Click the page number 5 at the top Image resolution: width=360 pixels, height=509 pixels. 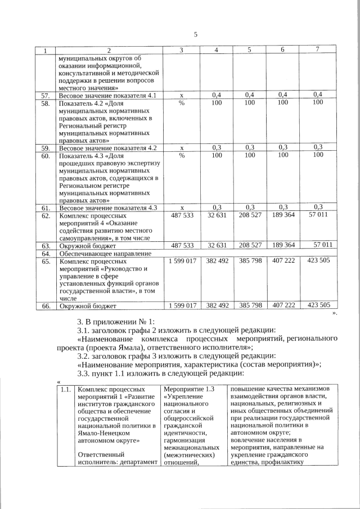(x=196, y=34)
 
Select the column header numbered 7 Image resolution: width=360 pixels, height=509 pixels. (x=317, y=51)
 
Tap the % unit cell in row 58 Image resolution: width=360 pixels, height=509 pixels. (x=182, y=103)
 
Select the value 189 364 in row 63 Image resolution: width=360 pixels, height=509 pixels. (x=283, y=245)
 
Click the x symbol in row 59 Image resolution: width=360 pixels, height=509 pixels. (x=182, y=148)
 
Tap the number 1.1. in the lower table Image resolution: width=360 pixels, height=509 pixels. (x=65, y=389)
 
